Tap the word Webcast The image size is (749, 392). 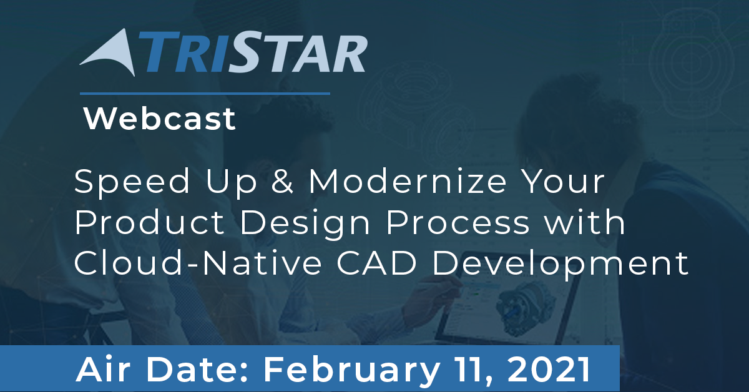coord(160,119)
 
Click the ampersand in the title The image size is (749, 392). coord(282,181)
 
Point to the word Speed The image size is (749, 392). coord(132,182)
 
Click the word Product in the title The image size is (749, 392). coord(149,222)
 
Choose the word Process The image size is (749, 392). coord(458,222)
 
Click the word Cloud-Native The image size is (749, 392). coord(198,263)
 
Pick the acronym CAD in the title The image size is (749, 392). coord(377,263)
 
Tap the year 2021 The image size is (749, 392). coord(549,370)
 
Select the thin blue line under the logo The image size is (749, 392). coord(205,94)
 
